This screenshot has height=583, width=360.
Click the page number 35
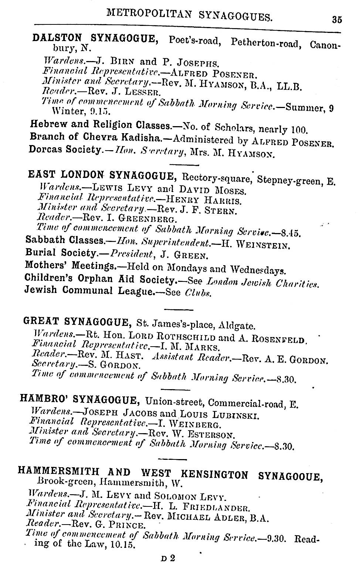tap(337, 20)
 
